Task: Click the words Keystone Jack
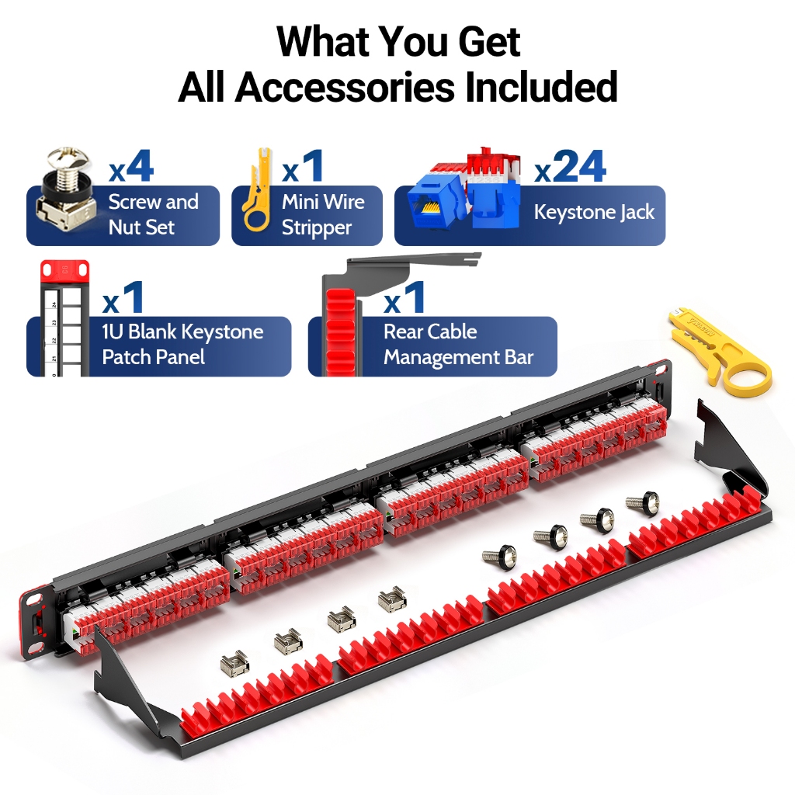(x=594, y=212)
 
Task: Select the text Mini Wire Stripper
(x=323, y=214)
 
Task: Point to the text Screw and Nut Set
(x=153, y=214)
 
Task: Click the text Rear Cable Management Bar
(x=458, y=344)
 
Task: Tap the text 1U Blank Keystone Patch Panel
(x=182, y=344)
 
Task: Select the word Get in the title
(x=489, y=42)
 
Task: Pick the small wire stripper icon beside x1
(x=259, y=189)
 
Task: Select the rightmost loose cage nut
(x=392, y=597)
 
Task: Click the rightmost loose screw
(x=642, y=502)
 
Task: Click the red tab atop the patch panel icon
(x=65, y=271)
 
